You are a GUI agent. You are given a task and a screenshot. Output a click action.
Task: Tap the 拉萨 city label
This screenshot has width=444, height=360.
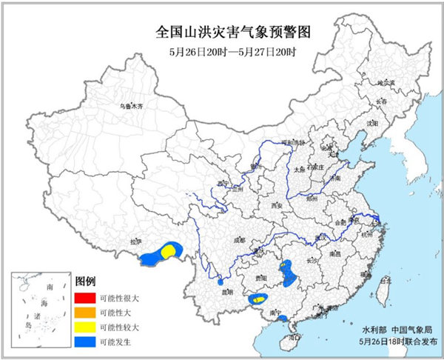tap(135, 241)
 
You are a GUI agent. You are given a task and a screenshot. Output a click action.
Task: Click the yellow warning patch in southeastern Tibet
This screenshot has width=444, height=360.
tap(169, 252)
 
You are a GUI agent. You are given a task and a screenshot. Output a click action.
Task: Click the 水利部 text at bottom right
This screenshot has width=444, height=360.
tap(372, 328)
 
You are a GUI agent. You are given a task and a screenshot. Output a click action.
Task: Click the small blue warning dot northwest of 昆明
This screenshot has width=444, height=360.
tap(220, 281)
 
